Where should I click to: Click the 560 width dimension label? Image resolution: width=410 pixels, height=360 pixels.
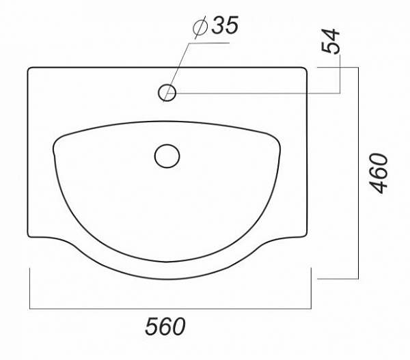click(165, 326)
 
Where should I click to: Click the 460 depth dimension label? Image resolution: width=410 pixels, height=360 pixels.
click(379, 174)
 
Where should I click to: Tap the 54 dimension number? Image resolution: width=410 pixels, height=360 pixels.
click(331, 41)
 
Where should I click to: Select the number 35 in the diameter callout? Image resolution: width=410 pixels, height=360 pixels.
click(225, 25)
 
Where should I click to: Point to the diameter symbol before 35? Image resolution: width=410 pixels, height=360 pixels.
click(200, 27)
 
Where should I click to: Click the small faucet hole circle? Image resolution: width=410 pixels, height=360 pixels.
click(167, 92)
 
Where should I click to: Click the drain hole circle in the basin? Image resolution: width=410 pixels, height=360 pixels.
click(167, 156)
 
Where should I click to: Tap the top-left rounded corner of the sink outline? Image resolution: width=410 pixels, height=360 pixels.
click(29, 69)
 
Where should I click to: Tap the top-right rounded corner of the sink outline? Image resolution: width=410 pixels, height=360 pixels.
click(305, 69)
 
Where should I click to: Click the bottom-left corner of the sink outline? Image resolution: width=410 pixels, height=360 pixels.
click(29, 236)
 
